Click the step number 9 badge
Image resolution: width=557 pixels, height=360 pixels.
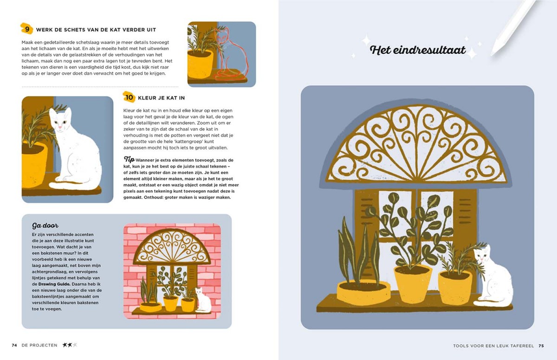coord(26,29)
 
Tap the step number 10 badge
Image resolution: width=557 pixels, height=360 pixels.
coord(129,97)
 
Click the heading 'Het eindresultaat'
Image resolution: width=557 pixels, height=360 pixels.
coord(418,50)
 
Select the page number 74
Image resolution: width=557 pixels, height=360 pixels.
coord(14,345)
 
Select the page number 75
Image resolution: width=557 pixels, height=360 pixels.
coord(541,346)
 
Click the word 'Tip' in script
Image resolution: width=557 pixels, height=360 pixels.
coord(129,159)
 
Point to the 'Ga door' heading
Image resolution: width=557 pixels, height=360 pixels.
coord(45,225)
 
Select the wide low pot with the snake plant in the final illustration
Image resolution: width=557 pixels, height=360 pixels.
coord(363,292)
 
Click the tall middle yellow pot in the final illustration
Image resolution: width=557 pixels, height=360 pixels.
coord(413,284)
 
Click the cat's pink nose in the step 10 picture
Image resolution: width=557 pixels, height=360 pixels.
coord(60,127)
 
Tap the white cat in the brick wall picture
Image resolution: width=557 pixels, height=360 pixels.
coord(203,300)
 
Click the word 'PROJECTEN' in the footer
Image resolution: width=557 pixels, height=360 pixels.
coord(43,345)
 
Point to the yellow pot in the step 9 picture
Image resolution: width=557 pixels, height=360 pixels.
coord(200,64)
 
